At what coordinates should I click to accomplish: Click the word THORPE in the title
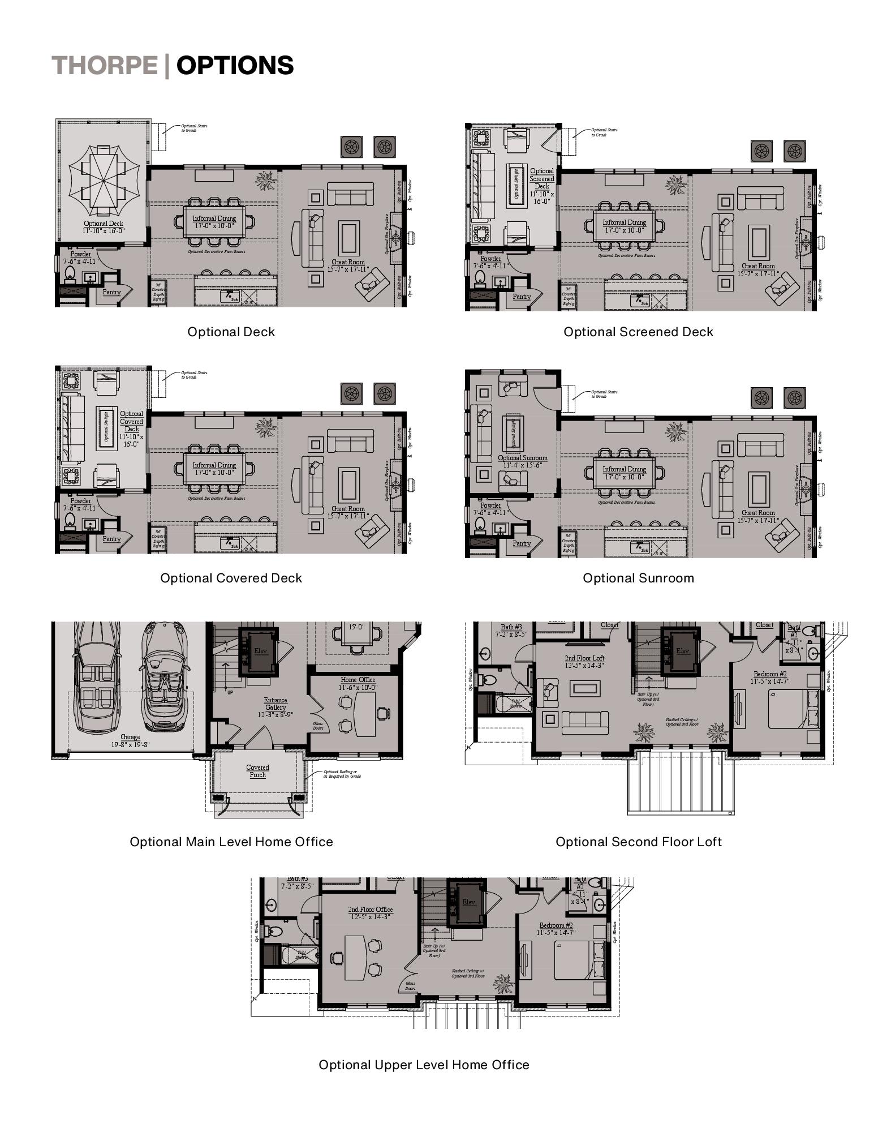[x=105, y=65]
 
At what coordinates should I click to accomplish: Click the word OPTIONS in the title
[x=235, y=65]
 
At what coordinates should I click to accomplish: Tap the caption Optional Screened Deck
[x=638, y=332]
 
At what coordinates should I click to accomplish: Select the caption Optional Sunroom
[x=638, y=578]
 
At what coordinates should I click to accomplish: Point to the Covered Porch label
[x=257, y=771]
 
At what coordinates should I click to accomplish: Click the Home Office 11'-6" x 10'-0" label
[x=358, y=683]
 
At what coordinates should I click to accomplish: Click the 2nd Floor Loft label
[x=584, y=662]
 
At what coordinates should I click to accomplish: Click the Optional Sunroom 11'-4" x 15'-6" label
[x=523, y=461]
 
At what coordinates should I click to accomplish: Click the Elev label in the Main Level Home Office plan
[x=260, y=651]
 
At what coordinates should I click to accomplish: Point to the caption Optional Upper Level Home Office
[x=424, y=1065]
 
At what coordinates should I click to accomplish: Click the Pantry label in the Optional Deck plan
[x=111, y=292]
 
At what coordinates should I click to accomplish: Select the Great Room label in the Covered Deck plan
[x=348, y=512]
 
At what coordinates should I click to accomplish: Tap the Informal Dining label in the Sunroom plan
[x=624, y=473]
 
